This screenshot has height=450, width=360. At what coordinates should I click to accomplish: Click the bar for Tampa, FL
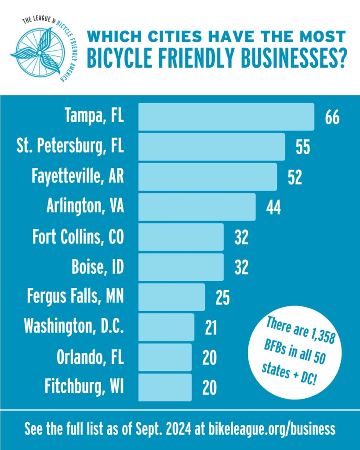(226, 116)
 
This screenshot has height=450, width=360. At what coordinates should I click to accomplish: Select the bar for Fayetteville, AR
(207, 177)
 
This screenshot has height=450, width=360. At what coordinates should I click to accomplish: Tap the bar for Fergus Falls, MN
(171, 297)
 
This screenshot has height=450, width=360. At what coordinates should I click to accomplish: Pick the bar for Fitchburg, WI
(165, 387)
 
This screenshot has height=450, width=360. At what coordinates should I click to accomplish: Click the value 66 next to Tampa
(332, 118)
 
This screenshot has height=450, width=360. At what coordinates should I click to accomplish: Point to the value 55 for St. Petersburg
(303, 148)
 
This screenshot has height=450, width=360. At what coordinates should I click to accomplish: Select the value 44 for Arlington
(273, 207)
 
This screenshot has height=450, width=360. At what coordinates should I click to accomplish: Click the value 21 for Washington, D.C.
(211, 328)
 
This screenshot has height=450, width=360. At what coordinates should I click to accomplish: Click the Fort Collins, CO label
(78, 237)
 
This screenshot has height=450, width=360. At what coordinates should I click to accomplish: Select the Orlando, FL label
(90, 358)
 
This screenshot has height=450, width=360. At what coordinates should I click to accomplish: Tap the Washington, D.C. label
(74, 327)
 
